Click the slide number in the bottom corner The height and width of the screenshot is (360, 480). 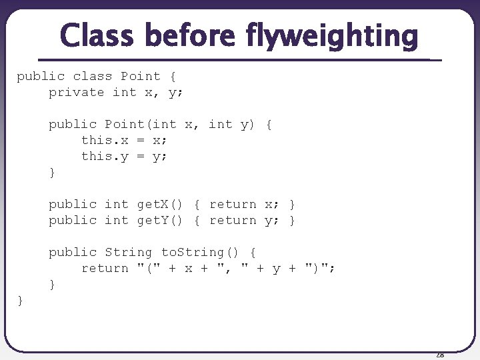pyautogui.click(x=439, y=355)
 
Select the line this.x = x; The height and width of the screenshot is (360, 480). pyautogui.click(x=124, y=140)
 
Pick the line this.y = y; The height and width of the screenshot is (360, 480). pyautogui.click(x=124, y=156)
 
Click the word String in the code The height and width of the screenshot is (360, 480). pyautogui.click(x=128, y=252)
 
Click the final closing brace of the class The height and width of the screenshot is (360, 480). pyautogui.click(x=20, y=301)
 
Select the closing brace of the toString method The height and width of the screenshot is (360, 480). pyautogui.click(x=52, y=285)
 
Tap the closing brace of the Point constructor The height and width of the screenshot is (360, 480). pyautogui.click(x=52, y=173)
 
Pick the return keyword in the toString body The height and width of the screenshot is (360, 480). pyautogui.click(x=105, y=268)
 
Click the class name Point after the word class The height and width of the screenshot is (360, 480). pyautogui.click(x=141, y=76)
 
